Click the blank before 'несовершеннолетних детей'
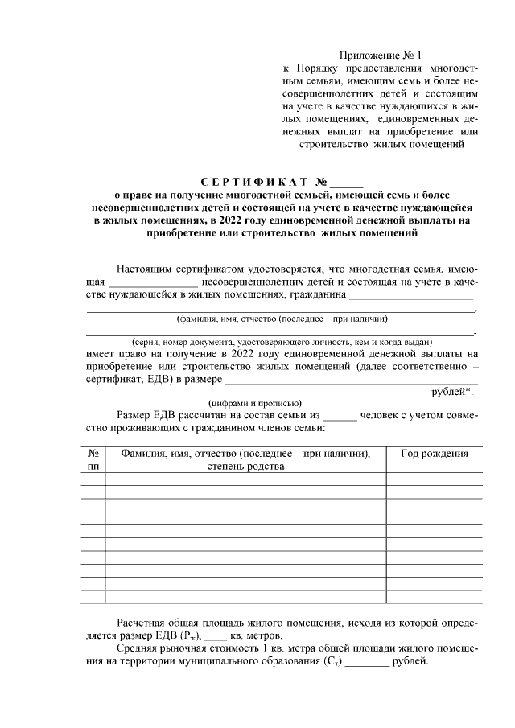coord(153,283)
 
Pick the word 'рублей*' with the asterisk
coord(453,392)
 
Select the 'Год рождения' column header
coord(435,454)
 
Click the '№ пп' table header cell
coord(93,460)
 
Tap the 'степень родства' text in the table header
coord(245,467)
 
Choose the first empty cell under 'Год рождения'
coord(435,479)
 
